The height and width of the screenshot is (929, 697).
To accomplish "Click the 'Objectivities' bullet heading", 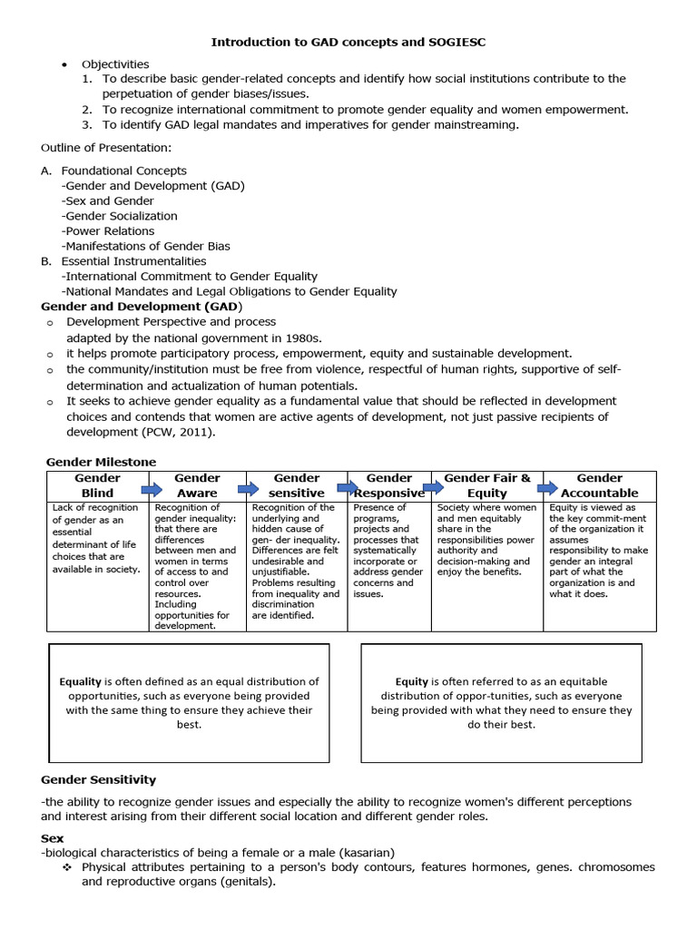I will [x=115, y=64].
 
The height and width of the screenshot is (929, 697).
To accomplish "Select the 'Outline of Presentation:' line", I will [x=98, y=147].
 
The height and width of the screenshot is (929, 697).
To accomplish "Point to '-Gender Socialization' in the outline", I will [x=119, y=216].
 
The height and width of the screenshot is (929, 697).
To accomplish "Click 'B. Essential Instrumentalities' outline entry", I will [x=123, y=261].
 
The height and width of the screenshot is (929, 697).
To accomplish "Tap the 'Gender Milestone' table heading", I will [x=101, y=462].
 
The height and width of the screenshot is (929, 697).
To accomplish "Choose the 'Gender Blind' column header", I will [x=97, y=485].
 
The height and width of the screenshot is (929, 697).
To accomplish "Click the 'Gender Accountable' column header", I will [x=599, y=485].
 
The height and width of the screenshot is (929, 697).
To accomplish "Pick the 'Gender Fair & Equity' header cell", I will [x=487, y=485].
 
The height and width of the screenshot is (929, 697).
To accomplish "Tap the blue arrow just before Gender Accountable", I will [x=547, y=488].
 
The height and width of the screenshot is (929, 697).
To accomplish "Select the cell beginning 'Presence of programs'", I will [x=388, y=550].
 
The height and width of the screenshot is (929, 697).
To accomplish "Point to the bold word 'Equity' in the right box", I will [x=411, y=681].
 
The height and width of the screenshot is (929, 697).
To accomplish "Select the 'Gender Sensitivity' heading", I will [x=99, y=779].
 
